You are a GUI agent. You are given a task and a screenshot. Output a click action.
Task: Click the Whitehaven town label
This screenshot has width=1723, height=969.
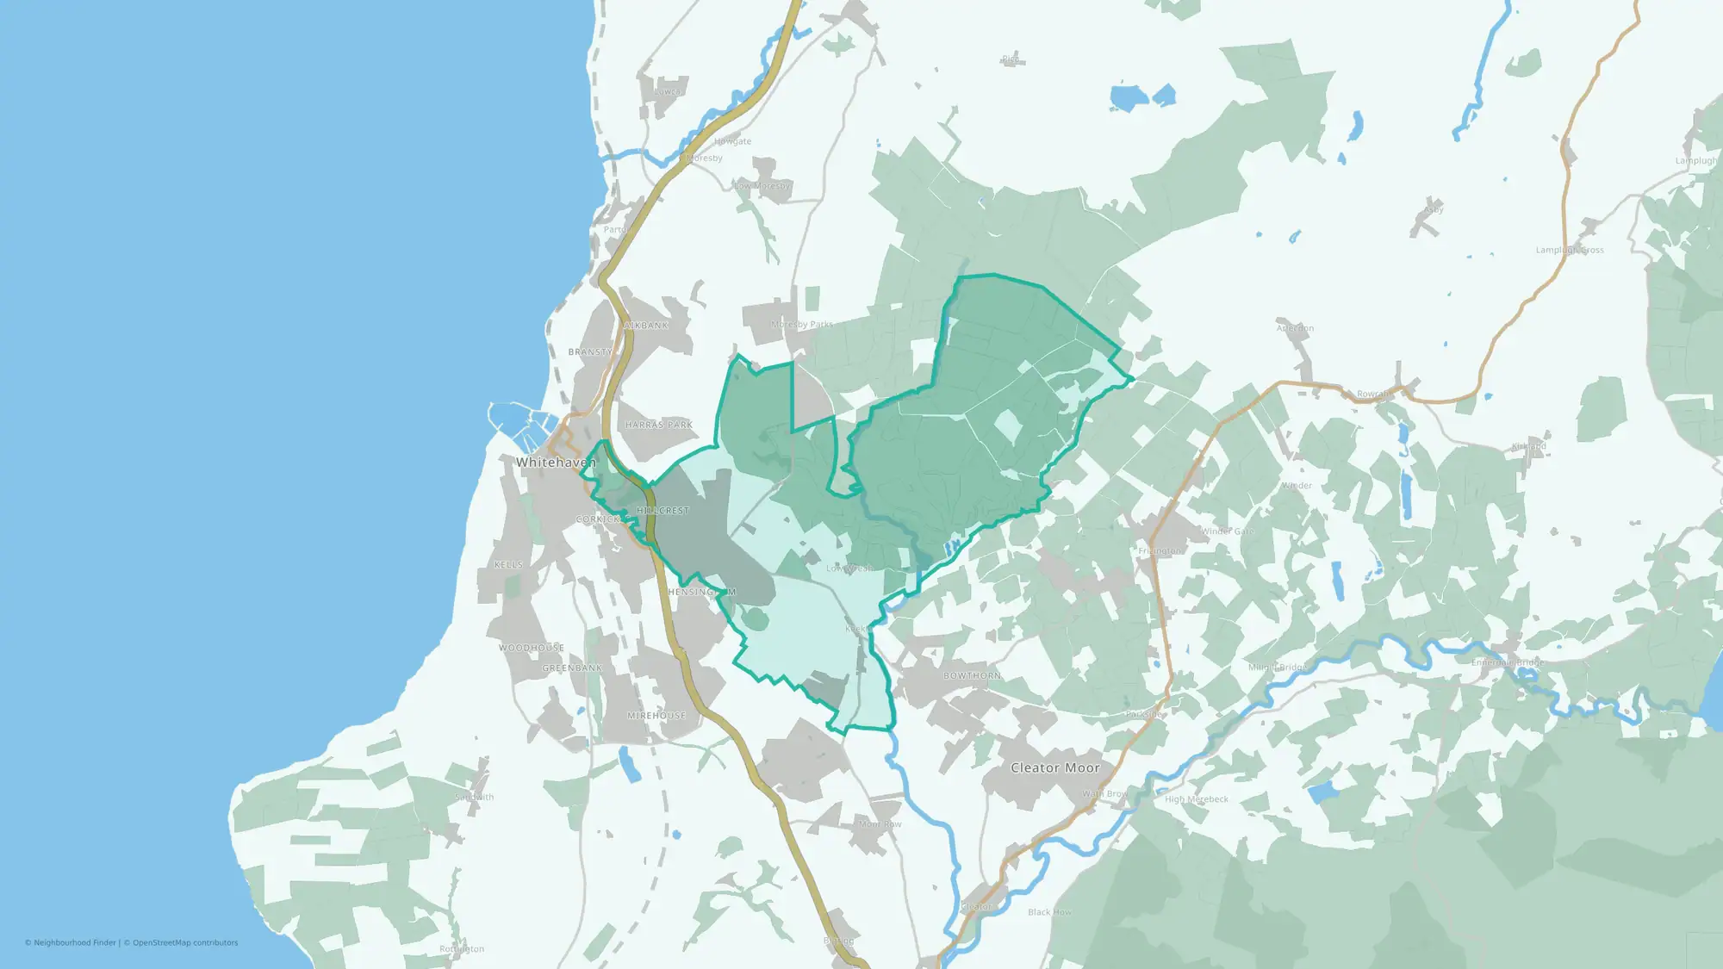coord(556,463)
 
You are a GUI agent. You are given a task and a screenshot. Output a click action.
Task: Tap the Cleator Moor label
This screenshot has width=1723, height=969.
coord(1054,767)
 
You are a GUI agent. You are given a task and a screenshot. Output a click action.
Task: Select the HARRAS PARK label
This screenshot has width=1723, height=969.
coord(659,425)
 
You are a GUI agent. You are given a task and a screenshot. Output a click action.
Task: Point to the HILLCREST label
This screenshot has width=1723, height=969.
coord(663,511)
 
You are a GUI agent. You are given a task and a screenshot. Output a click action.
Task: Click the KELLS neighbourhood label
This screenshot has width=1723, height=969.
coord(508,565)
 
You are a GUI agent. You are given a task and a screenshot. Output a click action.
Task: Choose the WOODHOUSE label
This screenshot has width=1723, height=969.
coord(532,648)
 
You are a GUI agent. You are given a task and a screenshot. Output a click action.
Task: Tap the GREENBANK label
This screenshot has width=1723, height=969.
coord(572,668)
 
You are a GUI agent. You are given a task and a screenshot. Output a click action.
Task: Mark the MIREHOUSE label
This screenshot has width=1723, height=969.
coord(656,716)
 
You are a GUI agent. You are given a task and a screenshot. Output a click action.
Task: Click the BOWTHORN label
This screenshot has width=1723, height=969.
coord(972,676)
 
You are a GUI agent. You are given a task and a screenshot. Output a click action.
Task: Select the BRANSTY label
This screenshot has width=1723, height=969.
coord(590,352)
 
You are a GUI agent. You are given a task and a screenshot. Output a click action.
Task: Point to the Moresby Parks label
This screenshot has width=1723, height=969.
coord(801,325)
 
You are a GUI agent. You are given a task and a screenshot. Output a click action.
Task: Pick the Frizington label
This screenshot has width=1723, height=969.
coord(1160,551)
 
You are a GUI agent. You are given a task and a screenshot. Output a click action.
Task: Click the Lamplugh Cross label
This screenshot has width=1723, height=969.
coord(1569,251)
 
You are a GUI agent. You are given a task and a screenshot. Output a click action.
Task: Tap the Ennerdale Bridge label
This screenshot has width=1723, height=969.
coord(1507,662)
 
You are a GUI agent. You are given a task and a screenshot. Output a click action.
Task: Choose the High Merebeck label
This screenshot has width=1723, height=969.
coord(1197,799)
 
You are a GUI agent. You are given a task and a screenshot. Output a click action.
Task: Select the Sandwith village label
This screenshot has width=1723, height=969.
coord(474,798)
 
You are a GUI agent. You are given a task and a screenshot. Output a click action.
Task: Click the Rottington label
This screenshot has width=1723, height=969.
coord(462,949)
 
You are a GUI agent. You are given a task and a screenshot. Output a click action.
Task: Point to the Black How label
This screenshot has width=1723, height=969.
coord(1049,912)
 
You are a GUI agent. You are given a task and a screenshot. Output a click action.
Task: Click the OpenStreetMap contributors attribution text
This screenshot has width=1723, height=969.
coord(184,943)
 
